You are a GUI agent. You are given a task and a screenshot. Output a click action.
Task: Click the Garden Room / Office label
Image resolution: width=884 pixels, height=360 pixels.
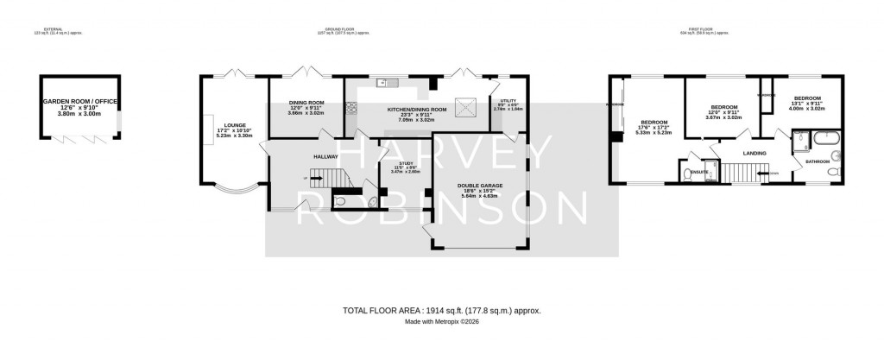[80, 102]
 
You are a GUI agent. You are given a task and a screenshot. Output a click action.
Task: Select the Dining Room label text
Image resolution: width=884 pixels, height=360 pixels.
[305, 104]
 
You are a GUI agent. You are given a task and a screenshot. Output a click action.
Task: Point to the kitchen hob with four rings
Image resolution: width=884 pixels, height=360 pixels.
[351, 108]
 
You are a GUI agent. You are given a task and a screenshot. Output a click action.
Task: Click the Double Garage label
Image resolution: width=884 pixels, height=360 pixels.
[481, 186]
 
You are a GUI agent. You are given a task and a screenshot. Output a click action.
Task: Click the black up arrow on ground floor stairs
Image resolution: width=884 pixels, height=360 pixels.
[305, 179]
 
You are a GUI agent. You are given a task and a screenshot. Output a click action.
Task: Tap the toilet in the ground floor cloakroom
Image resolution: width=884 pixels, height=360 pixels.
[340, 201]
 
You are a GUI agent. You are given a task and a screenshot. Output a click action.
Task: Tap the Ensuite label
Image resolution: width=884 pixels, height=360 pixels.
[701, 171]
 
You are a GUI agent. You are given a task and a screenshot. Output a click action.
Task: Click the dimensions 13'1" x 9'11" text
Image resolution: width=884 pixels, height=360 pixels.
[807, 104]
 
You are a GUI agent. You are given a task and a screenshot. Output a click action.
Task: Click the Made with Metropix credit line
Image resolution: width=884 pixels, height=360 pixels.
[442, 322]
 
